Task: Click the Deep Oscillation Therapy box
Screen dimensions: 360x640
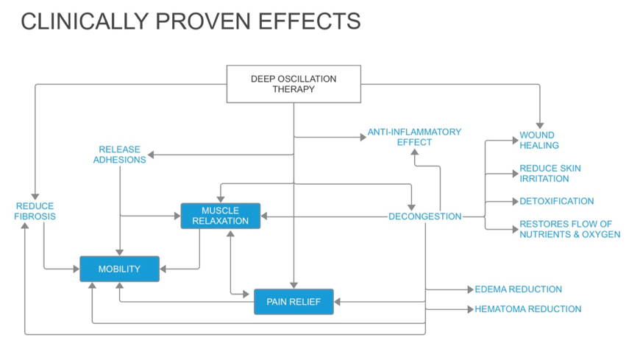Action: pos(294,84)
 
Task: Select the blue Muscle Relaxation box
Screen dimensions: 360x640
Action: pos(221,216)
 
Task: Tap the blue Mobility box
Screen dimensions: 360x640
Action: pos(119,269)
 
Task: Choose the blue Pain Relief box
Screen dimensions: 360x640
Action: pos(294,301)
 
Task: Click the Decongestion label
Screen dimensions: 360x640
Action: pos(424,216)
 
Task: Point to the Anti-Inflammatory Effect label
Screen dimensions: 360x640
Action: pos(414,137)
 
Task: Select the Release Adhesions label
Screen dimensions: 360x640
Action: pos(119,155)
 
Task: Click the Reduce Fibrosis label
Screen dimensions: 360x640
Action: pos(35,211)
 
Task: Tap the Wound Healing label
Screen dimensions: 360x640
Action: pos(539,141)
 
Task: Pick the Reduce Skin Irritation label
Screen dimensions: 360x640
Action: pos(550,174)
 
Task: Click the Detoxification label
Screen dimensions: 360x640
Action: pos(557,201)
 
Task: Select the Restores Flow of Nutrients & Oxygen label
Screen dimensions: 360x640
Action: pos(569,229)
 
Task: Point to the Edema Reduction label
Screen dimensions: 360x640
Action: pos(518,289)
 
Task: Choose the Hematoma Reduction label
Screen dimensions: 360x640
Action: pos(527,309)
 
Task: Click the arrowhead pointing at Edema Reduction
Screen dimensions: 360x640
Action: pos(470,290)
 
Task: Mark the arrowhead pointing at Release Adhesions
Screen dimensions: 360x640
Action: pos(151,155)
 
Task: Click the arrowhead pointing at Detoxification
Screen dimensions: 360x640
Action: pos(515,202)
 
